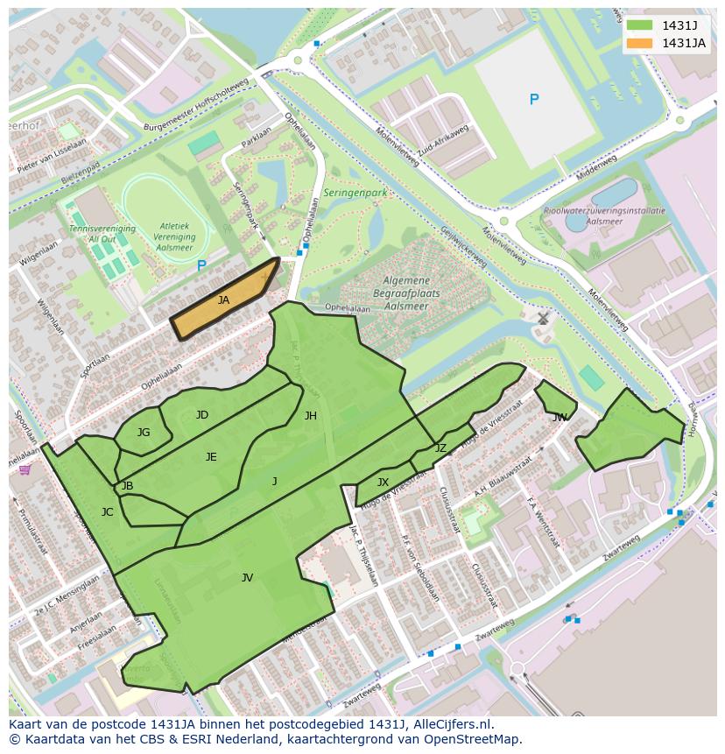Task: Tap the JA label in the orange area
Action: click(223, 300)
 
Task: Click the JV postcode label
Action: click(247, 577)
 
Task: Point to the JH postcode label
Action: click(310, 416)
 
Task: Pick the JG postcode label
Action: click(144, 432)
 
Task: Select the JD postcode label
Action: click(202, 415)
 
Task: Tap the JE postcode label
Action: click(211, 456)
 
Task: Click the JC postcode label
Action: click(107, 512)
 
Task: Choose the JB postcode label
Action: click(127, 486)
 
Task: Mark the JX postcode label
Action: click(383, 483)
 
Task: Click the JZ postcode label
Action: click(440, 448)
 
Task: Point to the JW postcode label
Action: click(560, 418)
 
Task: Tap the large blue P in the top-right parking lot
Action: click(534, 100)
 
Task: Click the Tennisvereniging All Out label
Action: click(102, 234)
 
